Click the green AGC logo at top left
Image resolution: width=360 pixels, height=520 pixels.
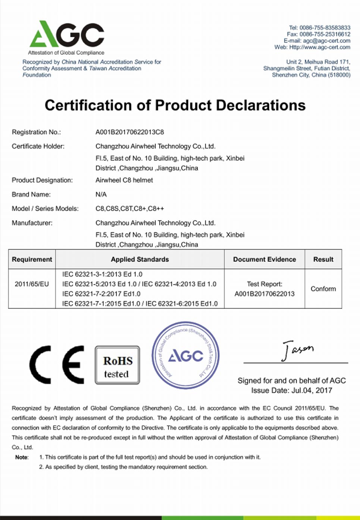coord(66,34)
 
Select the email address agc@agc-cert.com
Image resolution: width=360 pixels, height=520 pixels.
coord(326,41)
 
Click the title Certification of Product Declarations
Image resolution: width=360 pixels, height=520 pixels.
coord(175,105)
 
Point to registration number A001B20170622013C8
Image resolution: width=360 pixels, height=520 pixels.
coord(129,132)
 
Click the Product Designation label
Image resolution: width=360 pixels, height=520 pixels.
coord(42,180)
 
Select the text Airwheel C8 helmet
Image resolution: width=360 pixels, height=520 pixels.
coord(124,180)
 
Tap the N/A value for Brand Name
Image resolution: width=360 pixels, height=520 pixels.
coord(101,194)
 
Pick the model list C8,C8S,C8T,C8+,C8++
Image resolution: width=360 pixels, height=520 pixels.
coord(129,209)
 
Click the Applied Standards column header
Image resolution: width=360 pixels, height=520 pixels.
coord(140,259)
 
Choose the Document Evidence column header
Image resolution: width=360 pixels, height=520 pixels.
coord(264,259)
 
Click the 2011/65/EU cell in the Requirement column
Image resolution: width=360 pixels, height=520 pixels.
coord(32,284)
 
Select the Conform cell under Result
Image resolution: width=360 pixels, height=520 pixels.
coord(323,289)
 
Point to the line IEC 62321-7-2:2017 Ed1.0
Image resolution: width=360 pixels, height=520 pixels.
coord(101,294)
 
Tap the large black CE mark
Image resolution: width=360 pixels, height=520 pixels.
coord(57,364)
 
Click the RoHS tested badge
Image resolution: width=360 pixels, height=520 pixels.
coord(118,365)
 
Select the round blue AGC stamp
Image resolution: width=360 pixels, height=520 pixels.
coord(185,355)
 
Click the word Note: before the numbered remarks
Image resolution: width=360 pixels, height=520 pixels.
coord(22,457)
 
